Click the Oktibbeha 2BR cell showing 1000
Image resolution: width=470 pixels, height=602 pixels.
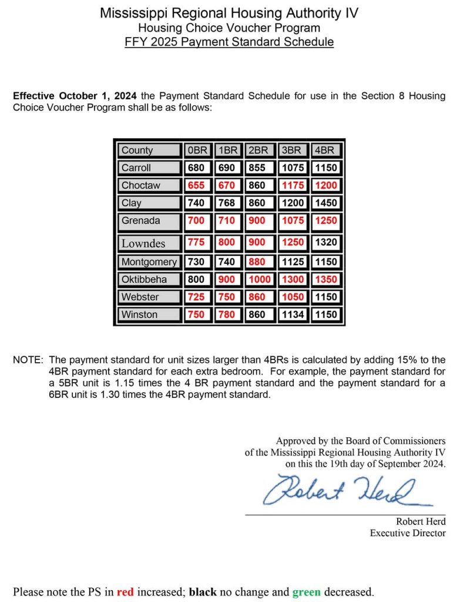tap(259, 279)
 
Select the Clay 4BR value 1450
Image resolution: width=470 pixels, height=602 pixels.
tap(325, 203)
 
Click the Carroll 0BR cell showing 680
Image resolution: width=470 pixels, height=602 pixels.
tap(196, 168)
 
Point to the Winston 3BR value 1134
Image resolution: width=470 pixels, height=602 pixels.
tap(293, 315)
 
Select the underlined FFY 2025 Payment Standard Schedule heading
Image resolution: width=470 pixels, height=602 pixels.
tap(229, 42)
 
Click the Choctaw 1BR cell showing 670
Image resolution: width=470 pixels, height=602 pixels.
tap(227, 185)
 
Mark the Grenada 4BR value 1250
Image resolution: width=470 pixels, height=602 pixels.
tap(325, 221)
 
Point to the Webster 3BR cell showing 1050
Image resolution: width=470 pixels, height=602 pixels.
tap(293, 297)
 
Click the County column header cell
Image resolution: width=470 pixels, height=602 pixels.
tap(148, 150)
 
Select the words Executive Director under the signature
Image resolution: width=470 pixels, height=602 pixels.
tap(408, 533)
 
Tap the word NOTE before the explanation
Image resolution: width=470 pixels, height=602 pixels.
tap(28, 359)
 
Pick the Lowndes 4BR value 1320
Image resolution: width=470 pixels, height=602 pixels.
tap(325, 242)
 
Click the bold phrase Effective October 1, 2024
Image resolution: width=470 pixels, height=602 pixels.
tap(75, 96)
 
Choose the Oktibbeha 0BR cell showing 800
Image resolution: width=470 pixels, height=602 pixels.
tap(196, 279)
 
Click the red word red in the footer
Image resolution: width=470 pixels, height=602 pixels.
tap(125, 591)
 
